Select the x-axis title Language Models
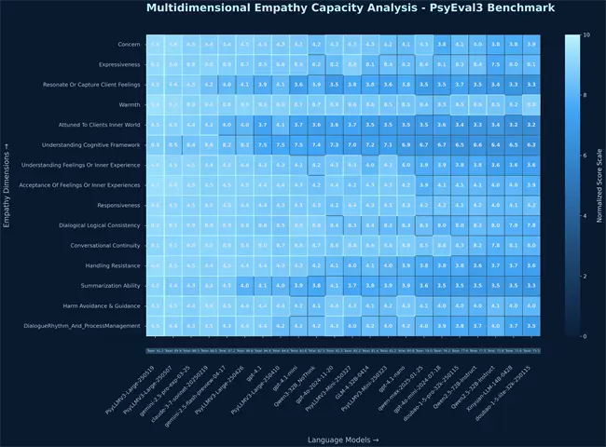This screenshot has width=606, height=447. coord(342,438)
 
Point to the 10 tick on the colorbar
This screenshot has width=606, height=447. coord(585,34)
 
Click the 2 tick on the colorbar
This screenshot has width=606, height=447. coord(584,276)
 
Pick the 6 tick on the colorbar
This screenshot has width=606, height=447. coord(584,156)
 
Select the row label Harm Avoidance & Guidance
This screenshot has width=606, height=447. coord(102,305)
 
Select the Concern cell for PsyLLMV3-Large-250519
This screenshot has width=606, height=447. coord(156,44)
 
